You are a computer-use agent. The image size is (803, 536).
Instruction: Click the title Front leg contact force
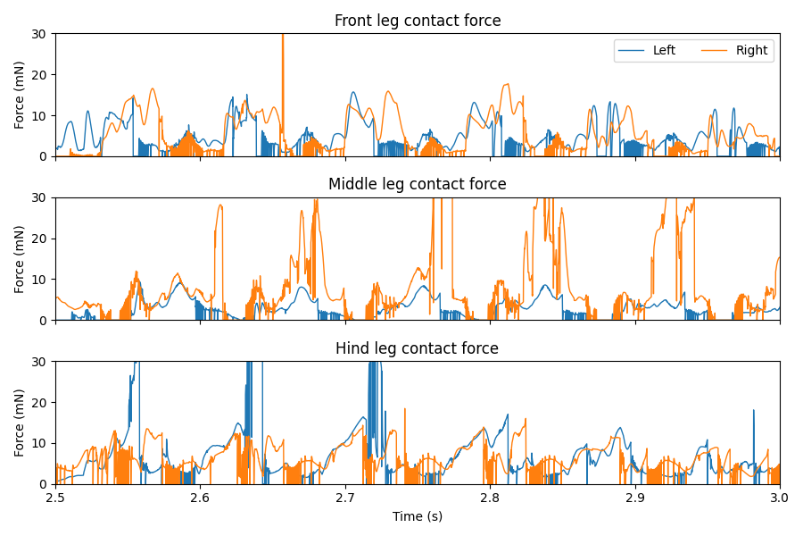tap(418, 21)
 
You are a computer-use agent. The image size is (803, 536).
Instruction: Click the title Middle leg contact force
tap(418, 185)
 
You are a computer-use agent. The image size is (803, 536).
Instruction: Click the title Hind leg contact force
tap(418, 348)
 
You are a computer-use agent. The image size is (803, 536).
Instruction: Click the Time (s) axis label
tap(418, 516)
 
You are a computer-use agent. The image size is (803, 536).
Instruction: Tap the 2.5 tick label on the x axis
tap(55, 498)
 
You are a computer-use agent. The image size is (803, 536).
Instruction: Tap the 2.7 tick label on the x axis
tap(345, 498)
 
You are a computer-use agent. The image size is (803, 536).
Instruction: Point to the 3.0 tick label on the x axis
tap(780, 498)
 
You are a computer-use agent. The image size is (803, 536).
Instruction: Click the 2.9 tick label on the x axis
tap(635, 498)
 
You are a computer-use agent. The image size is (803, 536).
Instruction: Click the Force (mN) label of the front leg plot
tap(20, 96)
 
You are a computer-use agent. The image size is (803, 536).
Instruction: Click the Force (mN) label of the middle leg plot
tap(20, 259)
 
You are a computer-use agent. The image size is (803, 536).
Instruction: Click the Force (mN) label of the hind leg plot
tap(20, 423)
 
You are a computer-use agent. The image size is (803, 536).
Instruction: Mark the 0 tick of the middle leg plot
tap(45, 320)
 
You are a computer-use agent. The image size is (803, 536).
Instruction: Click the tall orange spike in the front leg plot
tap(283, 54)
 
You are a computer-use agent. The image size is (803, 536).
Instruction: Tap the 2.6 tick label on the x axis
tap(200, 498)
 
